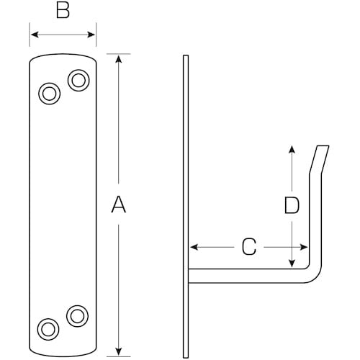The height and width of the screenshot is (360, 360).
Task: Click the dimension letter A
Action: [x=119, y=206]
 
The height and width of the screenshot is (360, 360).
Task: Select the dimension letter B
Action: [x=63, y=12]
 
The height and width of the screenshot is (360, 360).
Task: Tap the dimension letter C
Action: [x=248, y=248]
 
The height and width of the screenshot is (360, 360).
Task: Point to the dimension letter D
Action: [x=291, y=207]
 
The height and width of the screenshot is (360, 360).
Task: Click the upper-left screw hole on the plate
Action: [x=49, y=94]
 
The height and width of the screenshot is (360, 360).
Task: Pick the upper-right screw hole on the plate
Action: [x=78, y=79]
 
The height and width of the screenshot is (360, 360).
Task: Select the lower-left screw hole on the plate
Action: [x=48, y=328]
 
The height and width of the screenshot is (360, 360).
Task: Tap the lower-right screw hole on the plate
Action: [x=76, y=314]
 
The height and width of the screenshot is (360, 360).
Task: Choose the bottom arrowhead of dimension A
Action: [x=119, y=351]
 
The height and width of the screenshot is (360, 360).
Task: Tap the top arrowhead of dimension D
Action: [x=291, y=149]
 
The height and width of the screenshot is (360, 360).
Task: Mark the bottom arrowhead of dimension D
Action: [x=291, y=262]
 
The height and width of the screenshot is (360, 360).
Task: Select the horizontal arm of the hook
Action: [x=245, y=275]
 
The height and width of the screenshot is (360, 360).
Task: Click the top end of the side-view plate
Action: [x=186, y=57]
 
